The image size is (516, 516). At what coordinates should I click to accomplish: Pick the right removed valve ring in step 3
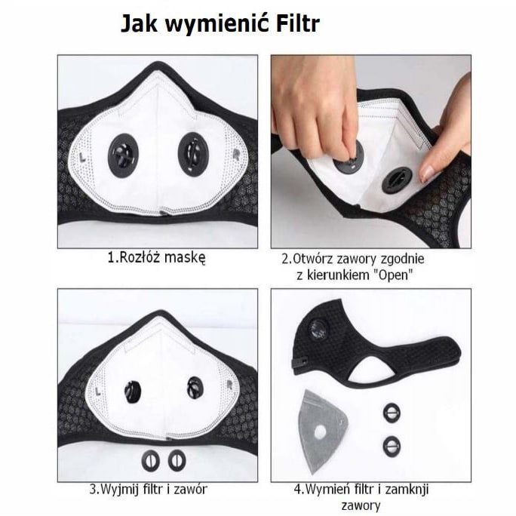(x=177, y=458)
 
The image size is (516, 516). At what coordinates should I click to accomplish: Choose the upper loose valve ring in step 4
(x=392, y=412)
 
